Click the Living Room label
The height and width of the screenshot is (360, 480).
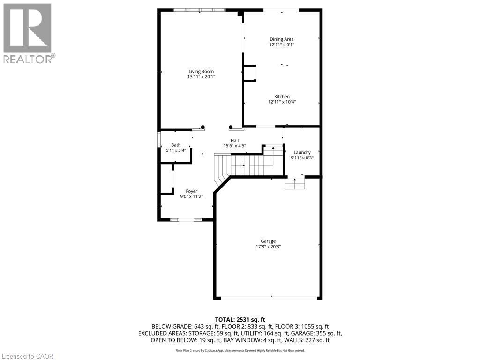tap(201, 72)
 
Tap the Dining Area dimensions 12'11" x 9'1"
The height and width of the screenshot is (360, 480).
tap(282, 45)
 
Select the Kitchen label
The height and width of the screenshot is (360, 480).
tap(282, 97)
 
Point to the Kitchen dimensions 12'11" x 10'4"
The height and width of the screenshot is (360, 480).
tap(282, 102)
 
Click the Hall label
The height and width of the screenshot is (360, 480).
tap(234, 141)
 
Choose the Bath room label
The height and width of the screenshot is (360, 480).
tap(176, 145)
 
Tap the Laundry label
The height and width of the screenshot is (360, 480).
tap(302, 152)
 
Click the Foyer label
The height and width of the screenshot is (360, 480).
tap(191, 191)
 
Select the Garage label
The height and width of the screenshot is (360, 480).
tap(268, 241)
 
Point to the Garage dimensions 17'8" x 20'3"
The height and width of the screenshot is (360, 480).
tap(268, 247)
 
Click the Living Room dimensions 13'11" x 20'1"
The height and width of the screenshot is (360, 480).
tap(201, 77)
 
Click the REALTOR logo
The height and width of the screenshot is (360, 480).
tap(28, 33)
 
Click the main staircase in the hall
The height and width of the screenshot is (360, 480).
tap(244, 165)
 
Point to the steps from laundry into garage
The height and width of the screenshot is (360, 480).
tap(295, 184)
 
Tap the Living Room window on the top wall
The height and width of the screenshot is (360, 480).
tap(200, 10)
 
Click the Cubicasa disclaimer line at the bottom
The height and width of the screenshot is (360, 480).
tap(240, 350)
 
